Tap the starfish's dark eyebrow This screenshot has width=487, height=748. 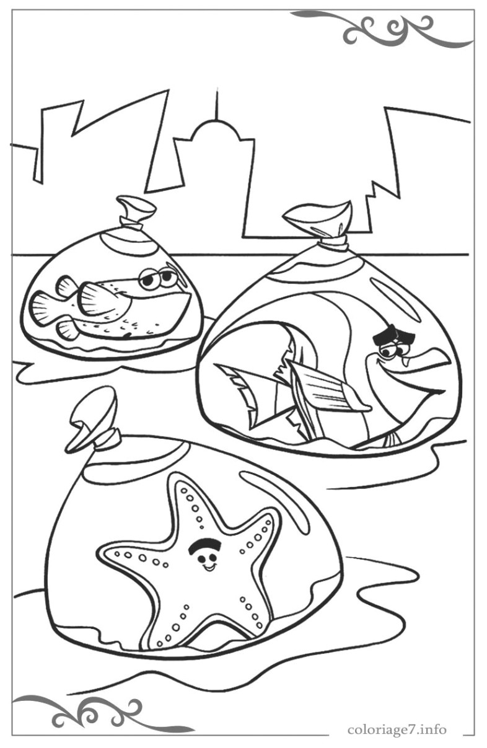204,545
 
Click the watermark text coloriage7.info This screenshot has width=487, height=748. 397,729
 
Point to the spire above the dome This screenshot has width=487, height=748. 216,105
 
